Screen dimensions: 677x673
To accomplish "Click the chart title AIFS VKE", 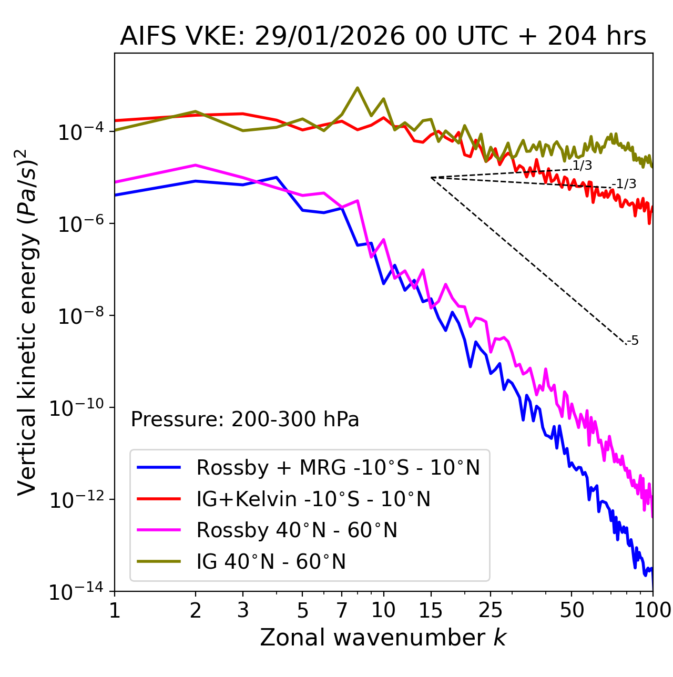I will (383, 36).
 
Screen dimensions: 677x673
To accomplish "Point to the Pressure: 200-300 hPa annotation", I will (244, 419).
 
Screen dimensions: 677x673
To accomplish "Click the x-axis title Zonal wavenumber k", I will (383, 637).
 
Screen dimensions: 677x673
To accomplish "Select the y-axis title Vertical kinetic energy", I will (27, 322).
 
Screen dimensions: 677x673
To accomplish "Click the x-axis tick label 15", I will (431, 610).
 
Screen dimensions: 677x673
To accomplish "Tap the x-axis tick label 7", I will (342, 610).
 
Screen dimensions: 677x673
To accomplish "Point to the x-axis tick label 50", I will (572, 610).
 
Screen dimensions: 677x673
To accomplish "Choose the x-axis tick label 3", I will (243, 610).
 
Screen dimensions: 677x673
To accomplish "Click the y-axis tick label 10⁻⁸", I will (79, 316).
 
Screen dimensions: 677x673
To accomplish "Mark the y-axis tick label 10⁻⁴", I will (79, 131).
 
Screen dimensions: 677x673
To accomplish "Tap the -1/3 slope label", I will (626, 184).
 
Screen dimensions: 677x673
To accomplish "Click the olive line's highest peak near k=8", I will (358, 88).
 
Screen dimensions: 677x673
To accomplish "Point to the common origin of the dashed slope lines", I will (431, 178).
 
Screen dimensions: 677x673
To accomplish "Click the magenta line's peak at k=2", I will (196, 165).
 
